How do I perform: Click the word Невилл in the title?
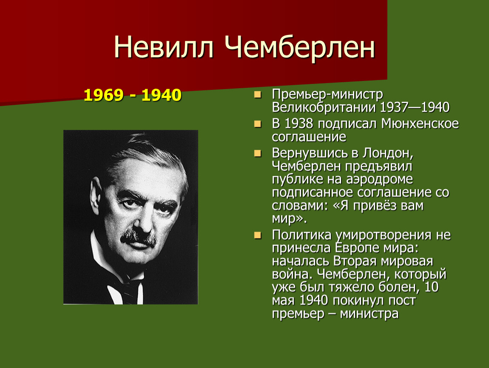(x=164, y=47)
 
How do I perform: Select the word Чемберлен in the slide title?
(x=300, y=47)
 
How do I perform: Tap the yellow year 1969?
(x=103, y=95)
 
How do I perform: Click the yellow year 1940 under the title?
(x=161, y=95)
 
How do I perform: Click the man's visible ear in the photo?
(x=96, y=194)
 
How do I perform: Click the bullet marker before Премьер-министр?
(x=258, y=95)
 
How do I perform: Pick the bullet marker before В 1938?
(x=258, y=124)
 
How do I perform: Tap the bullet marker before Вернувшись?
(x=258, y=153)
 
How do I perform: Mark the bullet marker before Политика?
(x=258, y=235)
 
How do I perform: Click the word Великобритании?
(x=324, y=107)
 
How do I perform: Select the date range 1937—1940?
(x=415, y=107)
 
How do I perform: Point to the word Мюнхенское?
(x=420, y=124)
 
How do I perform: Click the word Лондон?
(x=388, y=153)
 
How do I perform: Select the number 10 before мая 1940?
(x=432, y=287)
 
